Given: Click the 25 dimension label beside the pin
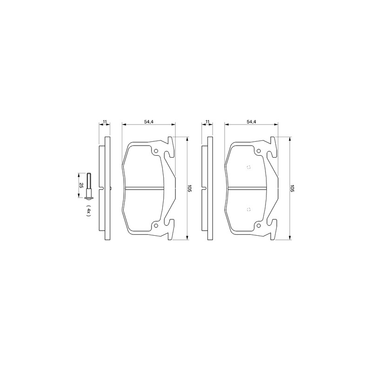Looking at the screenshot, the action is pos(81,185).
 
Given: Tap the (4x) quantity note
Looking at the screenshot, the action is pos(88,211).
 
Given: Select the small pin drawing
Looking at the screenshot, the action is pos(89,185).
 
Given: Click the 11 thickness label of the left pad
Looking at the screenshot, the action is pos(105,122).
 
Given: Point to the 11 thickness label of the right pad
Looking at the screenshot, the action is pos(207,122).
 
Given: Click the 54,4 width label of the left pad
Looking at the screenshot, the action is pos(149,122).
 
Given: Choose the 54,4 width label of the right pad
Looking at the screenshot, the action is pos(252,122).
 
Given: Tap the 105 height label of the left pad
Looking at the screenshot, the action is pos(189,188).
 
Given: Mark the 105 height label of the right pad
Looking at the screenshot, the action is pos(292,188).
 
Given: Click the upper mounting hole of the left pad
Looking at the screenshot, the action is pos(156,151).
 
